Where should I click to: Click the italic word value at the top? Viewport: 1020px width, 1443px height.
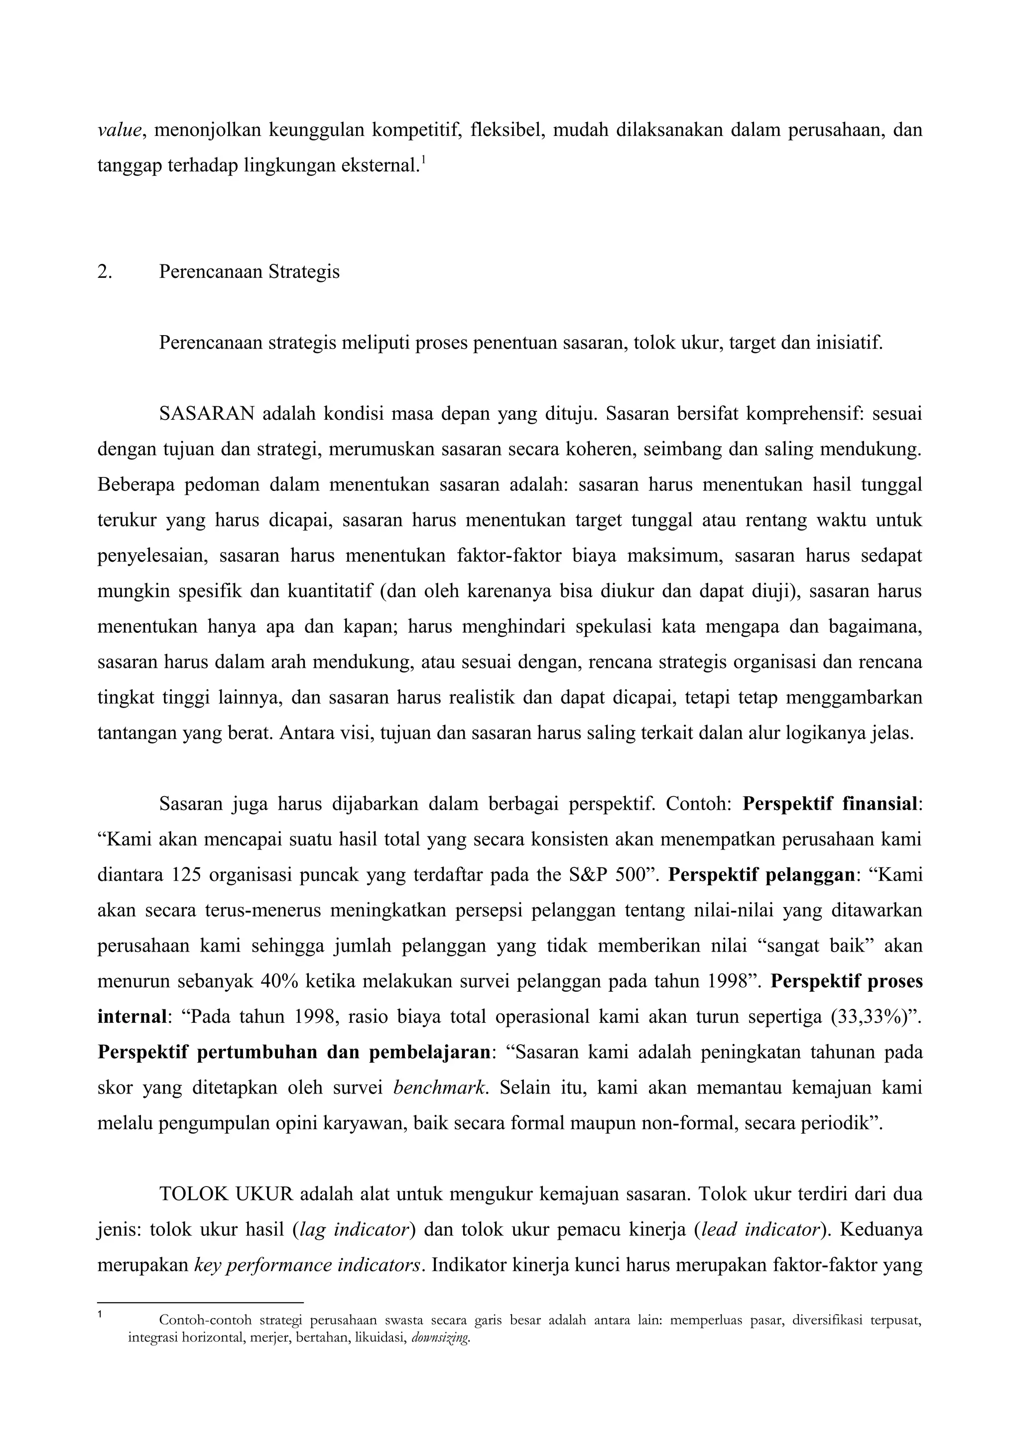120,131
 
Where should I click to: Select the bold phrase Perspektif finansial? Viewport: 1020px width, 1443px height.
830,803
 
